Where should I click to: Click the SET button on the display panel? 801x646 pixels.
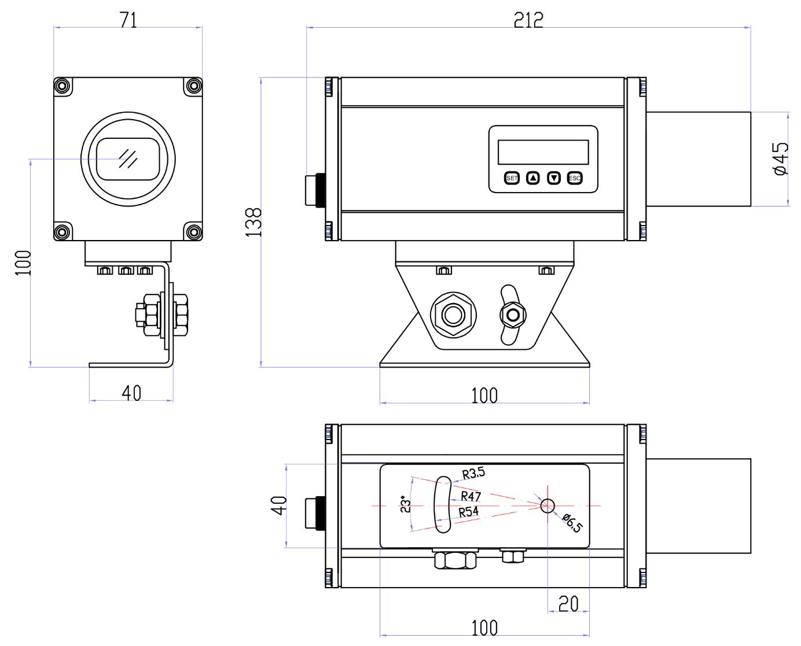[x=512, y=178]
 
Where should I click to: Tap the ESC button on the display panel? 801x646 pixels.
[x=574, y=178]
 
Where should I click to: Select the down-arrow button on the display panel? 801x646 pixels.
[x=554, y=178]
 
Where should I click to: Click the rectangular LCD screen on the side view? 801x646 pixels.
[x=543, y=152]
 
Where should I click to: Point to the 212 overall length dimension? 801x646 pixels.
[x=528, y=21]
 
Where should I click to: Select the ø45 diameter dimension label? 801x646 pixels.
[x=780, y=159]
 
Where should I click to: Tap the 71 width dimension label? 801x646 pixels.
[x=128, y=20]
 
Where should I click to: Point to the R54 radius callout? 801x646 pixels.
[x=469, y=511]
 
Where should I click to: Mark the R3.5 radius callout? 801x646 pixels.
[x=473, y=474]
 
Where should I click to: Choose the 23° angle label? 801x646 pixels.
[x=406, y=505]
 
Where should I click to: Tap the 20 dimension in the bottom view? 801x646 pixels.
[x=568, y=604]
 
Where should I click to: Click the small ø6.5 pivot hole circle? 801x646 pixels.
[x=547, y=506]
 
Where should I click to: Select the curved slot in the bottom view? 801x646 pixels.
[x=442, y=505]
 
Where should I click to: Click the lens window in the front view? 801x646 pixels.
[x=127, y=158]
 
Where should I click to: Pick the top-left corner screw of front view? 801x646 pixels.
[x=61, y=86]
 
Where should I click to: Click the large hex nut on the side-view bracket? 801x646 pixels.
[x=453, y=314]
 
